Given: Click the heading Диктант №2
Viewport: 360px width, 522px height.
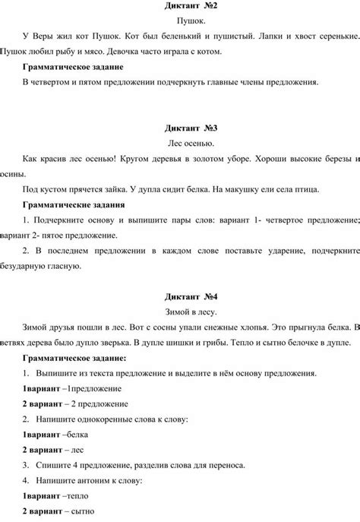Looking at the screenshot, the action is (180, 7).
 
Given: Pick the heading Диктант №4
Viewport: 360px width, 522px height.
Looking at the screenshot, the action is (180, 296).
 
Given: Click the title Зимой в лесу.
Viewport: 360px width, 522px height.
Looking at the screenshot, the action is (180, 312).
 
